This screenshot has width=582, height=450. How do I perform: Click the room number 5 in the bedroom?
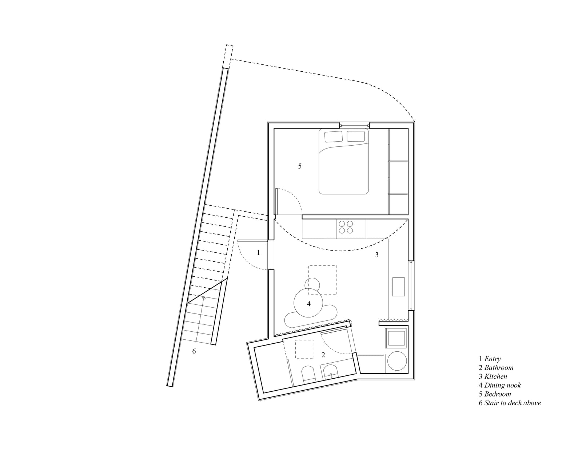click(300, 166)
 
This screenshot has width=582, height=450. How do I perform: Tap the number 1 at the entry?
click(258, 252)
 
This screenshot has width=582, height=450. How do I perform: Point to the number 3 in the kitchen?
click(376, 254)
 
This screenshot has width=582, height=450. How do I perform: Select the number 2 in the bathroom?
click(323, 355)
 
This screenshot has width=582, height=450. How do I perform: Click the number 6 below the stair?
click(194, 351)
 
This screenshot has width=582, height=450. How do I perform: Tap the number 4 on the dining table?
click(308, 304)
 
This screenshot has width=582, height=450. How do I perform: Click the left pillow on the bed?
click(334, 137)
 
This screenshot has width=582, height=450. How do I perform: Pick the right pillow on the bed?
click(356, 136)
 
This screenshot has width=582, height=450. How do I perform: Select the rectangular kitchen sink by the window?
click(398, 287)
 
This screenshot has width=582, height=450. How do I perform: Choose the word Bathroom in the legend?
click(499, 367)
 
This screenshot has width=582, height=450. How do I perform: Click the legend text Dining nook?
click(502, 385)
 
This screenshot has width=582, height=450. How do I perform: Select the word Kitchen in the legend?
click(495, 376)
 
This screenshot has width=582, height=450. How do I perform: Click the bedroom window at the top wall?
click(354, 125)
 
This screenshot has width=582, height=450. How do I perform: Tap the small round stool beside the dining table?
click(312, 284)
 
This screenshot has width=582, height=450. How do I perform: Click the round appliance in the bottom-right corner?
click(397, 361)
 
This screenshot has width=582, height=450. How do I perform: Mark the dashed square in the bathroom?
click(304, 349)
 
